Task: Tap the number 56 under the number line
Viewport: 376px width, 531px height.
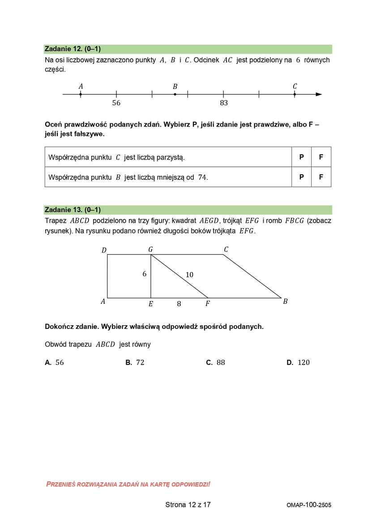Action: point(116,103)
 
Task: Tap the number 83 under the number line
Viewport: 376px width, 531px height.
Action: point(224,103)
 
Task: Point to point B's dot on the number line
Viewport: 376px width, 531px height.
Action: point(175,94)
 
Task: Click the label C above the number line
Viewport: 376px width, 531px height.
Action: point(295,86)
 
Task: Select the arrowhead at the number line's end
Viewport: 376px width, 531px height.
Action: point(318,94)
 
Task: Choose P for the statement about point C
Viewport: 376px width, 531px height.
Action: point(302,157)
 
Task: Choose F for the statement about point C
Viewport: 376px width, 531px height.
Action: point(321,157)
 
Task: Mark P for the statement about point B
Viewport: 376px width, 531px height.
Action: point(302,177)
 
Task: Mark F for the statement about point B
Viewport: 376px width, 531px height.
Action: point(321,177)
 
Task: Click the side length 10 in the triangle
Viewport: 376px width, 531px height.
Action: point(189,275)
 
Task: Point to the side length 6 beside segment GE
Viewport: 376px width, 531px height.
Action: point(145,274)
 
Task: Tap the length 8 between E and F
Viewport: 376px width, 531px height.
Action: point(179,304)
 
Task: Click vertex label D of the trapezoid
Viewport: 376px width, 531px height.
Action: point(104,250)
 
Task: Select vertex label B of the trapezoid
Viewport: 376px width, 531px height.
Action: point(285,302)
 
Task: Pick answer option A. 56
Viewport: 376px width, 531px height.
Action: point(55,362)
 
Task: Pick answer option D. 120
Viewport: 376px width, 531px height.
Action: point(298,362)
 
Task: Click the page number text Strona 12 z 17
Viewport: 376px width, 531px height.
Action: point(188,505)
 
